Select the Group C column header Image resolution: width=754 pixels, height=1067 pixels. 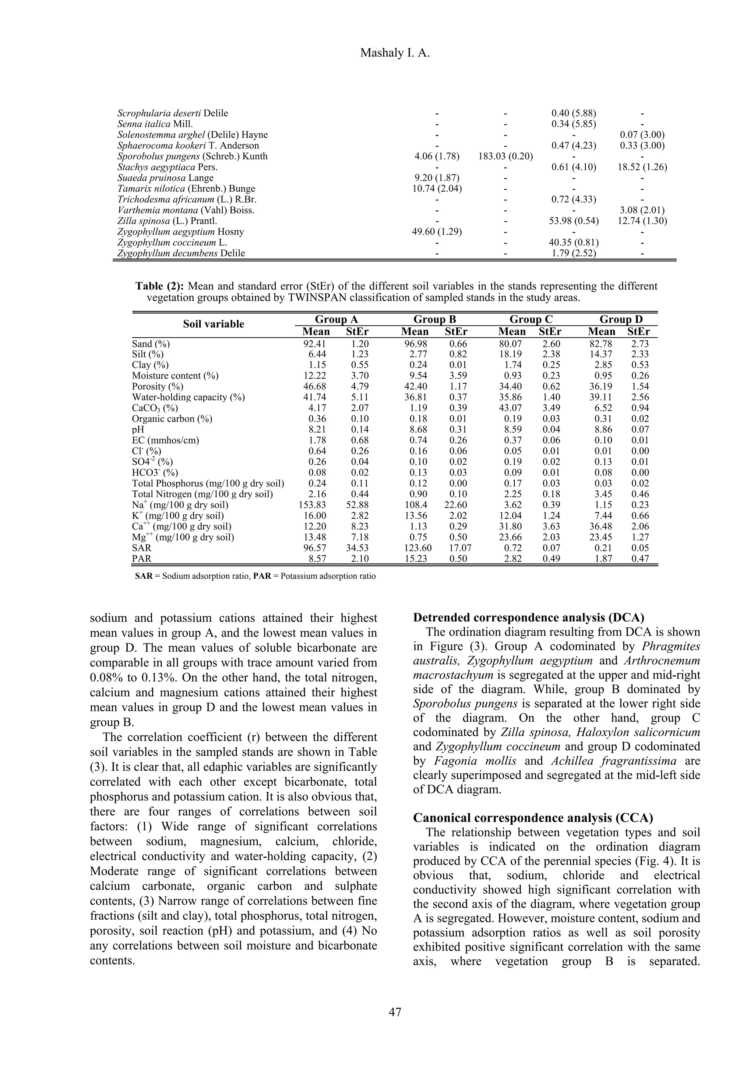tap(530, 319)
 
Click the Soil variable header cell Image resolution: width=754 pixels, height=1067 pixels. tap(213, 324)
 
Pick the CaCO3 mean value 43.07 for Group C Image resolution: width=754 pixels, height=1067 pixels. tap(511, 408)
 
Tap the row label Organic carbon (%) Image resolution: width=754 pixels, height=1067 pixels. tap(172, 419)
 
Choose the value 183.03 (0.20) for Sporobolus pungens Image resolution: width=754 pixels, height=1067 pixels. tap(505, 156)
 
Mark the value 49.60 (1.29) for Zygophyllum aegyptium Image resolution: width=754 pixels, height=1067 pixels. tap(437, 232)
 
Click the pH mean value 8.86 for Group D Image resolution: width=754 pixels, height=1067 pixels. tap(601, 429)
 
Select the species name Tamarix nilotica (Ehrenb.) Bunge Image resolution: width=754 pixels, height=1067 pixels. tap(186, 189)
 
